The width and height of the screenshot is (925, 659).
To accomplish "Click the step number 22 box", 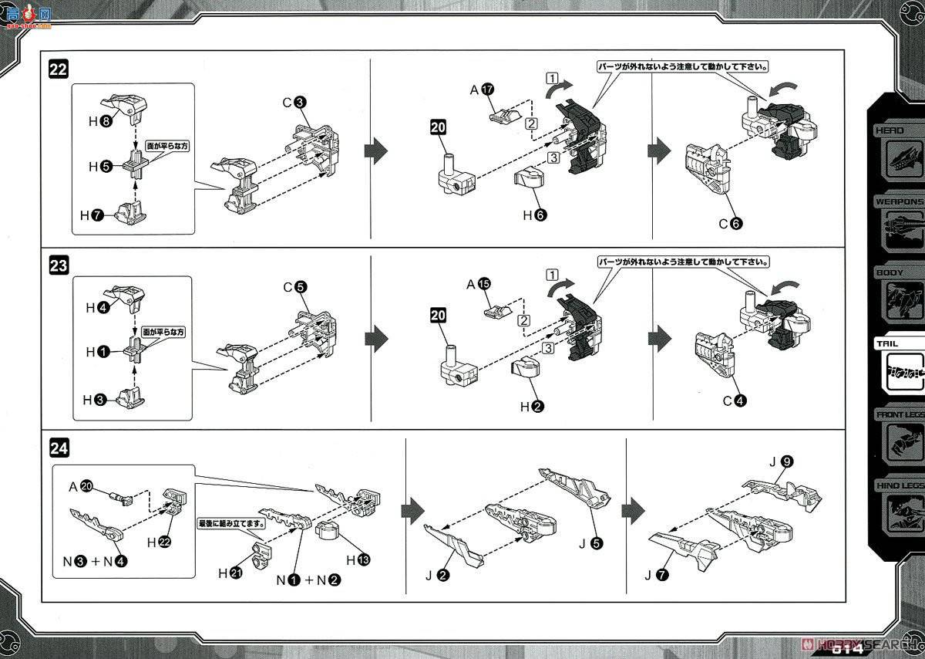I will [59, 69].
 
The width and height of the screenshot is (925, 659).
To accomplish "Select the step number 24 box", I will [59, 448].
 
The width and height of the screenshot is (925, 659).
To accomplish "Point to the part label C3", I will [294, 102].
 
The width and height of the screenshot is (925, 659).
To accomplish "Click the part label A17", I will [480, 90].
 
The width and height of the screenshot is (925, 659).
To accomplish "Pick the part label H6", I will [533, 215].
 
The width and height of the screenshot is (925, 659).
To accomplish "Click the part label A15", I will [479, 283].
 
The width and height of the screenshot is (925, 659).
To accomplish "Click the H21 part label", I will [230, 573].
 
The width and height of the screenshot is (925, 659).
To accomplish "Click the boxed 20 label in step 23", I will [439, 315].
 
